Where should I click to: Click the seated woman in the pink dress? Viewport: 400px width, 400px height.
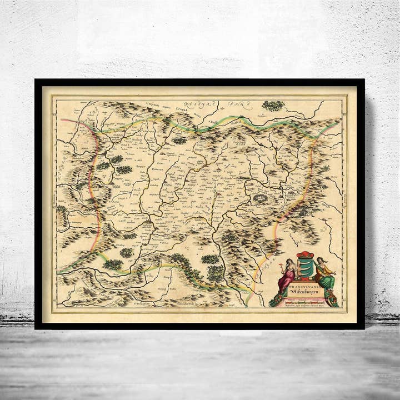[x=287, y=277]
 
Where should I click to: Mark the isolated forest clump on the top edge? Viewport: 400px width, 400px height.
[x=273, y=105]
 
